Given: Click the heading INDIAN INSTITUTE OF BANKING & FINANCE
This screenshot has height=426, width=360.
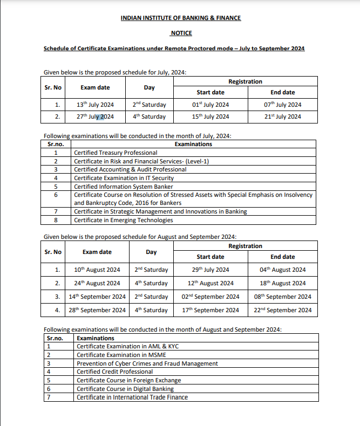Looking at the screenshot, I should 181,18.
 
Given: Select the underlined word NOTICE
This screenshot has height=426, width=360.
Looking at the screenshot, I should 181,33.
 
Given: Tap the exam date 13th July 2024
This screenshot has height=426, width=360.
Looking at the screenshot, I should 95,105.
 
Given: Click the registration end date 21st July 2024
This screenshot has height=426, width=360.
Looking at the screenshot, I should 282,116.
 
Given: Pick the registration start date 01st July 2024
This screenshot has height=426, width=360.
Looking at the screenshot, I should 210,105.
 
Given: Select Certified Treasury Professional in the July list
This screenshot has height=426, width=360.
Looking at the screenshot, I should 116,153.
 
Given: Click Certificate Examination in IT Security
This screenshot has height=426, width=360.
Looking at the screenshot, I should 124,178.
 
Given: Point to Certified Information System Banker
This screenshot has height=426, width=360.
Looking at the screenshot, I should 124,187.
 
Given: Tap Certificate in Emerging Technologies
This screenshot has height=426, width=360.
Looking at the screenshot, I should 124,220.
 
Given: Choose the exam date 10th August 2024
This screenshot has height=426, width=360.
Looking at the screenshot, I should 97,270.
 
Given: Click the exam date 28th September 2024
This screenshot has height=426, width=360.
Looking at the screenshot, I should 97,310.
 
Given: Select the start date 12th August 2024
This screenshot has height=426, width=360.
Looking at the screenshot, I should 210,283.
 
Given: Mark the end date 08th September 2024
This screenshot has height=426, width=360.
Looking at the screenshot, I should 282,297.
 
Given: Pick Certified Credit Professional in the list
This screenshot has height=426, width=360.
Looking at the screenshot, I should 114,372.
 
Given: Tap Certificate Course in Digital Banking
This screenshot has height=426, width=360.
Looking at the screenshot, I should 125,389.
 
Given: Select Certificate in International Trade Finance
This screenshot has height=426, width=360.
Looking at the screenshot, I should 132,397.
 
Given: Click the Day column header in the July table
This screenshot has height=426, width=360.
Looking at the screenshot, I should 150,87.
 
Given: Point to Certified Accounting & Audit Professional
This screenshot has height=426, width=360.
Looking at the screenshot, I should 130,169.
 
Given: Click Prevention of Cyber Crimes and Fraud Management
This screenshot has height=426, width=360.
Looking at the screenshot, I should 147,363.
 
